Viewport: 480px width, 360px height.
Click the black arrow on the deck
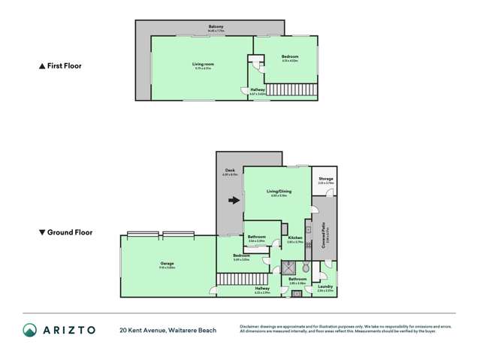(235, 201)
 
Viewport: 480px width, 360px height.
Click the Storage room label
(325, 179)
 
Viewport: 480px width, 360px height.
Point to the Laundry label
(325, 286)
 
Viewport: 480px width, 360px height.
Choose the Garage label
(167, 264)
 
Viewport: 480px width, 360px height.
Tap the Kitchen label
(294, 239)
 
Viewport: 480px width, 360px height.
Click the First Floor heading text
(60, 66)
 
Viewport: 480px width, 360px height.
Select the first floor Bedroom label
(290, 57)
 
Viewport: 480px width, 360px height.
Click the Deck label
(230, 171)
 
